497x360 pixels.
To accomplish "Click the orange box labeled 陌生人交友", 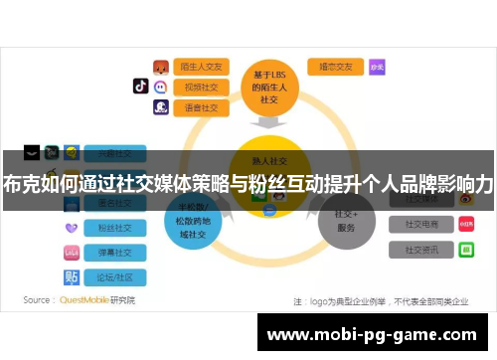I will [202, 67].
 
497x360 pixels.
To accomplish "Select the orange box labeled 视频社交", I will [202, 87].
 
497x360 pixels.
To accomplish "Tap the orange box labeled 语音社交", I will [202, 107].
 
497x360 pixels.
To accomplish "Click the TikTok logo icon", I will [140, 86].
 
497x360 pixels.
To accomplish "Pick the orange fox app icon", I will [160, 67].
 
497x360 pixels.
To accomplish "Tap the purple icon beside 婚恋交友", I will [377, 67].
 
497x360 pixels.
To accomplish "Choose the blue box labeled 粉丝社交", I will [114, 228].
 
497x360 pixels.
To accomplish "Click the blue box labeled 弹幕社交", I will [114, 253].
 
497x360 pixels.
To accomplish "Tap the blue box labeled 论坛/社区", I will [114, 276].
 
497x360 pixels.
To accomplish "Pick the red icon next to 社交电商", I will [466, 224].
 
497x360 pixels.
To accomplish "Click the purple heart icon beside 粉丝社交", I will [72, 228].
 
